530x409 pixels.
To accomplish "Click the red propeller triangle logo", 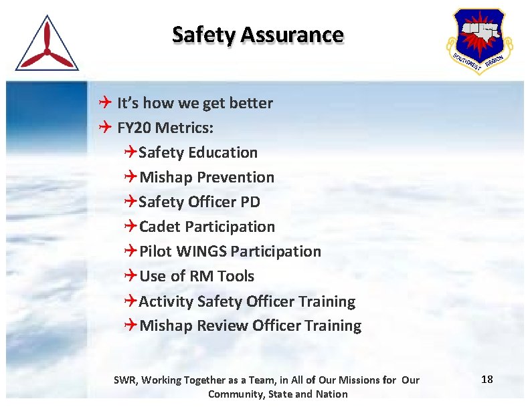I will coord(46,45).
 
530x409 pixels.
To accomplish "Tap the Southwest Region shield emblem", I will coord(479,41).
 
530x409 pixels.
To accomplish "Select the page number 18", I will coord(487,380).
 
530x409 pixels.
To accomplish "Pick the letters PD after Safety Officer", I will coord(250,202).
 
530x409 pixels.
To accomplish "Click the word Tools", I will coord(236,276).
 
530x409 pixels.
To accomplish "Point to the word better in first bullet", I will coord(251,103).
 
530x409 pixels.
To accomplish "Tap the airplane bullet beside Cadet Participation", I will coord(130,227).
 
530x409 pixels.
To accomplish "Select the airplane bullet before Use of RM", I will coord(130,276).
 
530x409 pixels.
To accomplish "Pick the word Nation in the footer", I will coord(332,394).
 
